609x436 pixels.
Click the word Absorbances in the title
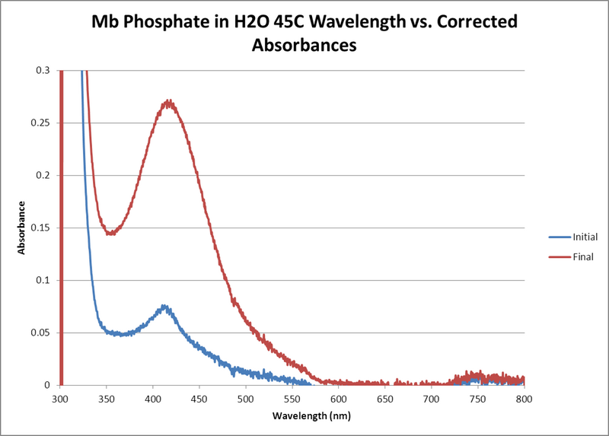tap(304, 45)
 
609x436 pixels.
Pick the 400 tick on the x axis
tap(153, 398)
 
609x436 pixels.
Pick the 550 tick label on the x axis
tap(292, 398)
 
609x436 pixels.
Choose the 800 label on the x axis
tap(524, 398)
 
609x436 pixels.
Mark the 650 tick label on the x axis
tap(385, 398)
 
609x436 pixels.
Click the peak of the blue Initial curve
tap(163, 307)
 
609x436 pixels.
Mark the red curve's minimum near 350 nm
tap(111, 233)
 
